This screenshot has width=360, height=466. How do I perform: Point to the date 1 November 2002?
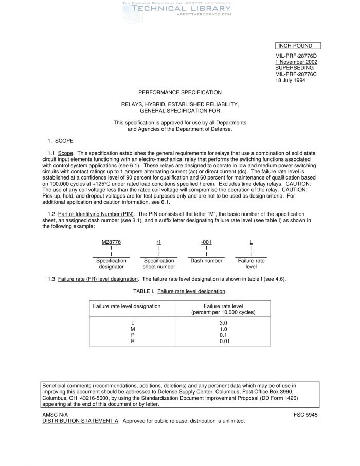coord(296,62)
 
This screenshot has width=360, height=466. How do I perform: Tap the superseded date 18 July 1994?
coord(290,80)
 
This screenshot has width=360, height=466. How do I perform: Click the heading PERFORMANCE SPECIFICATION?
coord(180,92)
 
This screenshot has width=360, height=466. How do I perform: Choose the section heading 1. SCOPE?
coord(61,140)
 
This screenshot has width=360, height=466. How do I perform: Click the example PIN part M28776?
coord(111,242)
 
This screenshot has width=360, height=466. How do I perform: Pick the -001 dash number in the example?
coord(206,242)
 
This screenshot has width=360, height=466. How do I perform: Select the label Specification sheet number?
coord(159,264)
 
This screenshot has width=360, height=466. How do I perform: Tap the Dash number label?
coord(206,261)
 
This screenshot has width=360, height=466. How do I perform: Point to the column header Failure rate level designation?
coord(127,307)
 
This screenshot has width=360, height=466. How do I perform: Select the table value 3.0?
coord(223,323)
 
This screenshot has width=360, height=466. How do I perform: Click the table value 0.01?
coord(223,342)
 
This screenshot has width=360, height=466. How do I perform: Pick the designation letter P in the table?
coord(133,335)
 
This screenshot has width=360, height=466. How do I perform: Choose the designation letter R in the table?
coord(133,342)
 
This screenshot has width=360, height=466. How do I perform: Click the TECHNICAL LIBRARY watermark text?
coord(175,9)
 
